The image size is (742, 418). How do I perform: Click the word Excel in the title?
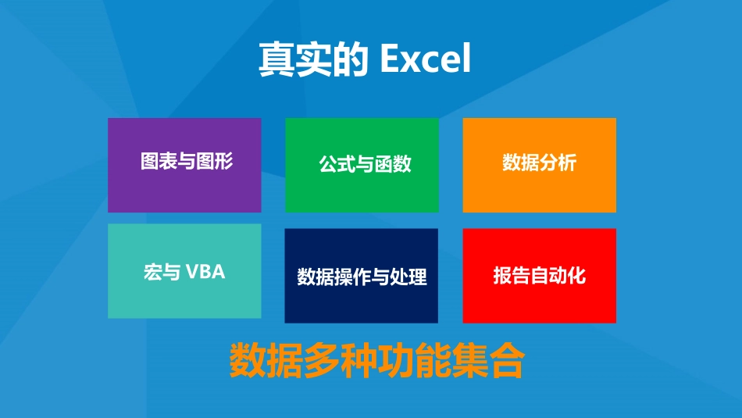pyautogui.click(x=426, y=60)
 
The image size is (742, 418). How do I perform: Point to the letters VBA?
pyautogui.click(x=205, y=273)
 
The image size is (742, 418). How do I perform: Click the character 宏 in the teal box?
pyautogui.click(x=152, y=273)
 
